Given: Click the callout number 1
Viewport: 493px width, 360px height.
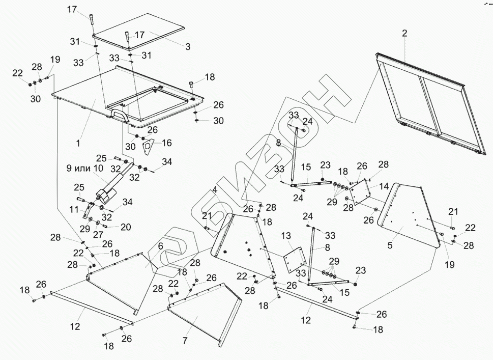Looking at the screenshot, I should (78, 144).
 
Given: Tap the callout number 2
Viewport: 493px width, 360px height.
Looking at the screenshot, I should (404, 34).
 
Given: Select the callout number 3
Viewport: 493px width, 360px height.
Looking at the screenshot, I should (188, 47).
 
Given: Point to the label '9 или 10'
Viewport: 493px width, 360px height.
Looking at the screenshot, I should (84, 168).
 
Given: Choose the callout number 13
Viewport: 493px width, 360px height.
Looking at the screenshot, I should (286, 236).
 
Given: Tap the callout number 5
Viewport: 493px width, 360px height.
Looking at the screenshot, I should (390, 245).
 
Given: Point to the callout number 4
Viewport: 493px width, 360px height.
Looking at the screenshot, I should (216, 190).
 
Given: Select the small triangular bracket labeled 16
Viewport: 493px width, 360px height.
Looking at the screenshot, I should (148, 146).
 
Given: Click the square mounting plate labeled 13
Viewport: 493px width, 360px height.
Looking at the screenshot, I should (293, 260).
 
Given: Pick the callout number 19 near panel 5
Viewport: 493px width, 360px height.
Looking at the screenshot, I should (449, 265).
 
